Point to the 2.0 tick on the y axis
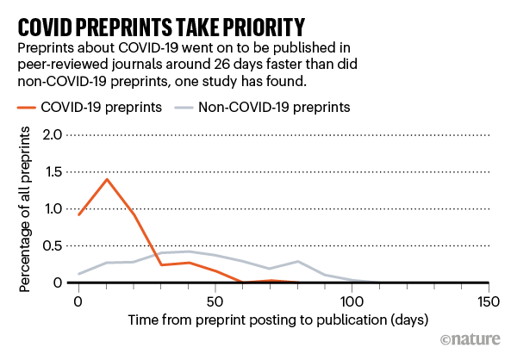click(52, 135)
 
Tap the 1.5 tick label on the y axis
click(52, 172)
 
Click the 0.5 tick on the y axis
click(52, 246)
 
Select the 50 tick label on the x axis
click(215, 301)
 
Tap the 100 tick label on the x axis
click(352, 301)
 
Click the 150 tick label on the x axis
click(489, 301)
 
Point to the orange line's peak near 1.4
click(106, 179)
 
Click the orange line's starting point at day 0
click(78, 214)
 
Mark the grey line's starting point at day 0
click(78, 274)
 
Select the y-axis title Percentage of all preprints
click(25, 209)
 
